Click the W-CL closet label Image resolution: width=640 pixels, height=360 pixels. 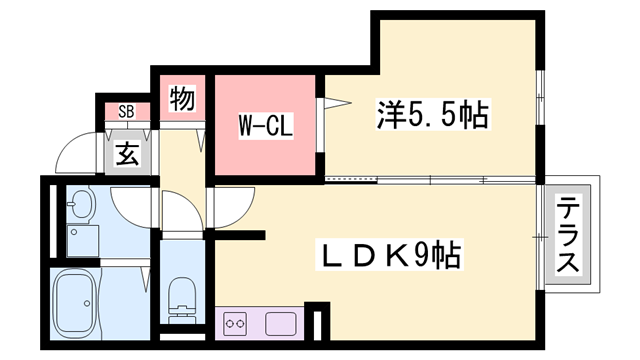pyautogui.click(x=265, y=126)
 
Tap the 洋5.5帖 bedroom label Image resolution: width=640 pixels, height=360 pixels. pyautogui.click(x=432, y=116)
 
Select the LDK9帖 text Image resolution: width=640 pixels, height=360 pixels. pyautogui.click(x=389, y=256)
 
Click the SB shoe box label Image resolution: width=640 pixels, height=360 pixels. pyautogui.click(x=127, y=110)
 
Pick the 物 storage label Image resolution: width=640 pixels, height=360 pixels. pyautogui.click(x=181, y=99)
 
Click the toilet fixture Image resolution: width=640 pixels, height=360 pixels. pyautogui.click(x=181, y=295)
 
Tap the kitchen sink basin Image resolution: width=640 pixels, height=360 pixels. pyautogui.click(x=280, y=323)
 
